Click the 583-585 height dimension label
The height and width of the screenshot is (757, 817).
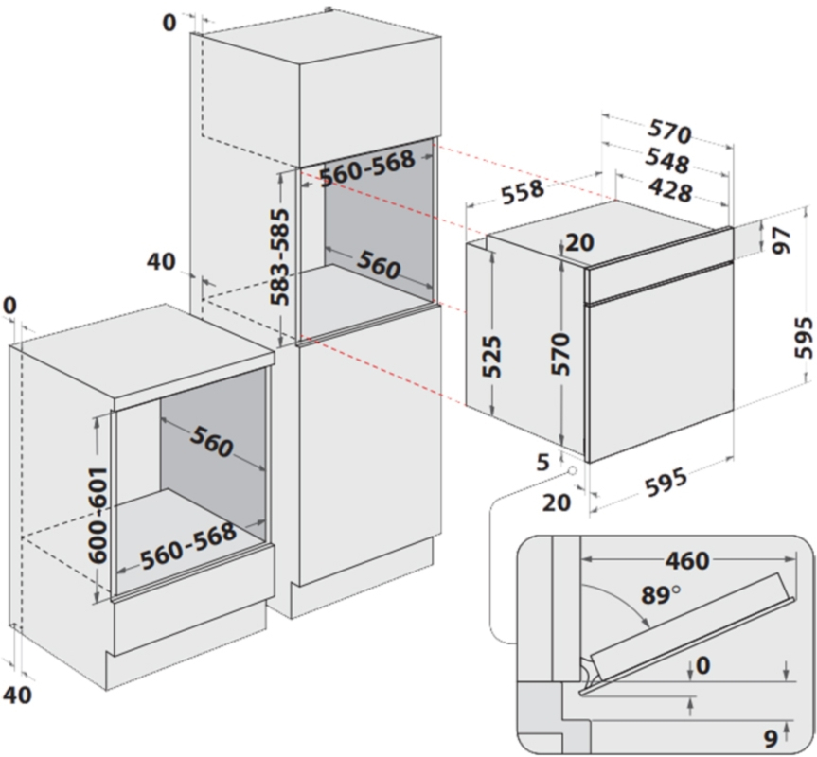(x=280, y=256)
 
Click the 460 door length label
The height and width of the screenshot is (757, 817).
(x=686, y=561)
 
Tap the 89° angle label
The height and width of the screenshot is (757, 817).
(x=660, y=596)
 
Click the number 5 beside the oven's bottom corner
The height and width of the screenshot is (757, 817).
(x=542, y=463)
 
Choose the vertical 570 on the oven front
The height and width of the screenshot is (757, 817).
(x=562, y=355)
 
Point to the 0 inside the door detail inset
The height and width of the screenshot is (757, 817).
(x=702, y=666)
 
